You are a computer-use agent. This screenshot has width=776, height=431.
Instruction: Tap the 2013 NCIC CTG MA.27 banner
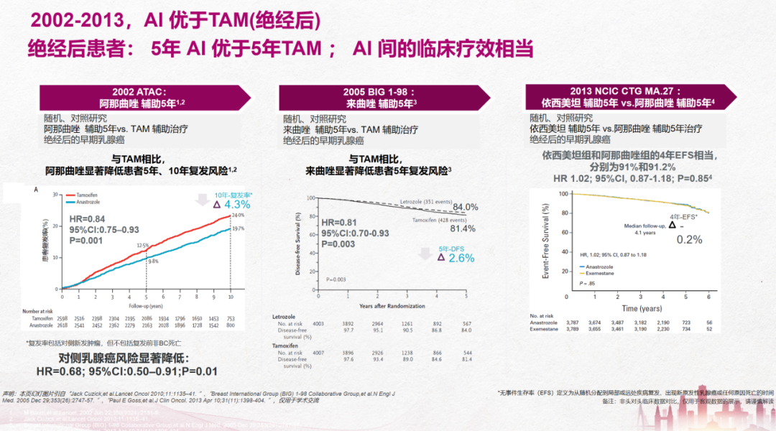[622, 97]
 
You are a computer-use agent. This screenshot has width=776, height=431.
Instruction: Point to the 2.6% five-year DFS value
[461, 257]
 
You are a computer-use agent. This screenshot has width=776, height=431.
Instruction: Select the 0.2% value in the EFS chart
[689, 240]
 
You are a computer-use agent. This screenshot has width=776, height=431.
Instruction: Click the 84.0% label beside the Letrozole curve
[465, 207]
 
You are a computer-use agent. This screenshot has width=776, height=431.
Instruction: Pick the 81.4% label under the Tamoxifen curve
[462, 228]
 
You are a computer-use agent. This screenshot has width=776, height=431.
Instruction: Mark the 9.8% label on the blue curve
[152, 261]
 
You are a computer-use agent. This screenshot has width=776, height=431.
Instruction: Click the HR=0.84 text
[87, 218]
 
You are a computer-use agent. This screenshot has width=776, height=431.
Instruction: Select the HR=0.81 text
[339, 223]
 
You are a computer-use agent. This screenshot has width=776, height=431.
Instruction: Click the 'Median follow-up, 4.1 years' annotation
[644, 228]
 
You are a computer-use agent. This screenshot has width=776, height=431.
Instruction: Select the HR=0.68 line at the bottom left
[126, 371]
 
